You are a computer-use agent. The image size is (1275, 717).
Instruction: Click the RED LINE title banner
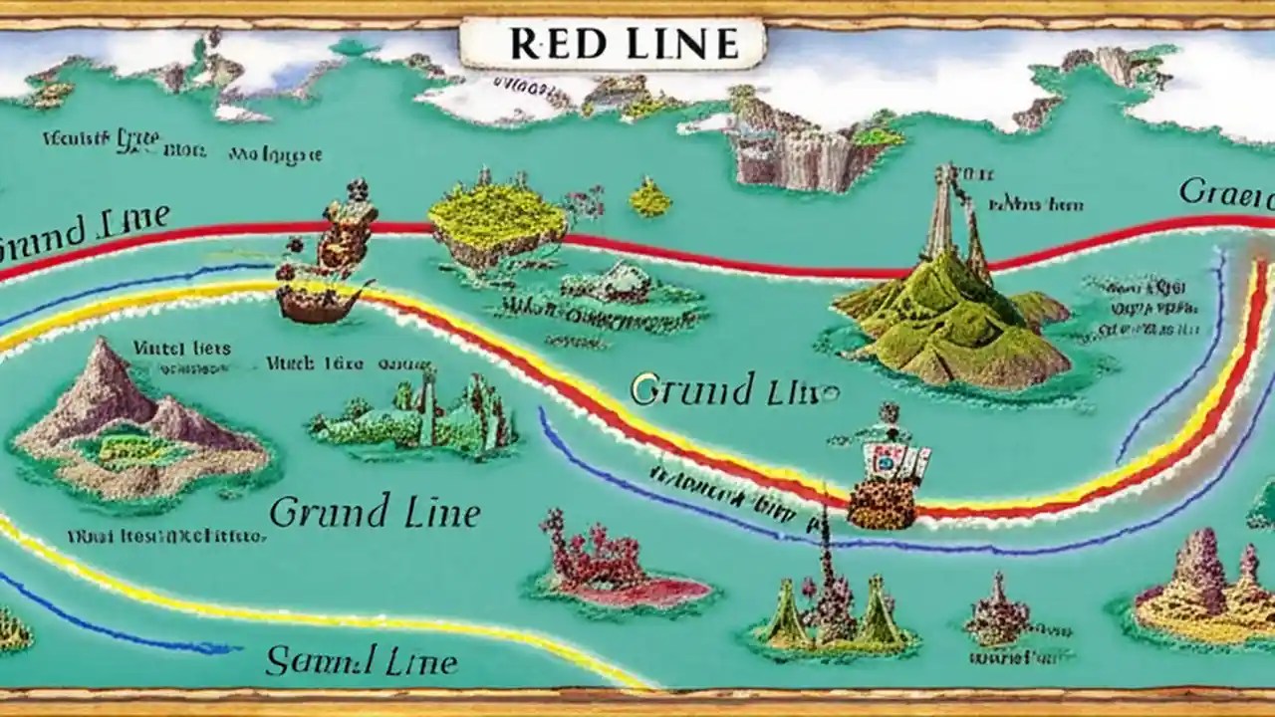click(612, 44)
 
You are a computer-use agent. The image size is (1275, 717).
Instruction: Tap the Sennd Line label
click(362, 661)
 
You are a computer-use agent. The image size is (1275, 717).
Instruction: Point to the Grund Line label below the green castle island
click(375, 514)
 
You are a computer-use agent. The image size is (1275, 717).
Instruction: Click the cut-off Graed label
click(1226, 192)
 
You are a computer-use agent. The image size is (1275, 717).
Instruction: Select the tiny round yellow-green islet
click(649, 199)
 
